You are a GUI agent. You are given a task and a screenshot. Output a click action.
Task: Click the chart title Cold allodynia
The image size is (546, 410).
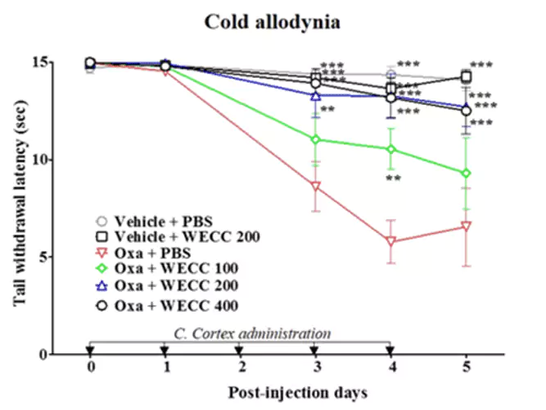(273, 21)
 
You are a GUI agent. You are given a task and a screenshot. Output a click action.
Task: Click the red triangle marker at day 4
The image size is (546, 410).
(391, 242)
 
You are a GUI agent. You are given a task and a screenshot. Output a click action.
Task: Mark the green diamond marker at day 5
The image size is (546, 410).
(467, 173)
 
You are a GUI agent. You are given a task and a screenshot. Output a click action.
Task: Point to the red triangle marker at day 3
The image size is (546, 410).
(316, 187)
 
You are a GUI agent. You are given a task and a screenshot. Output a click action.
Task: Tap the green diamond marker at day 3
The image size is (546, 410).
(316, 139)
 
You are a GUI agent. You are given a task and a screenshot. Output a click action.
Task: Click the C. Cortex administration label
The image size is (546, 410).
(252, 333)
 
